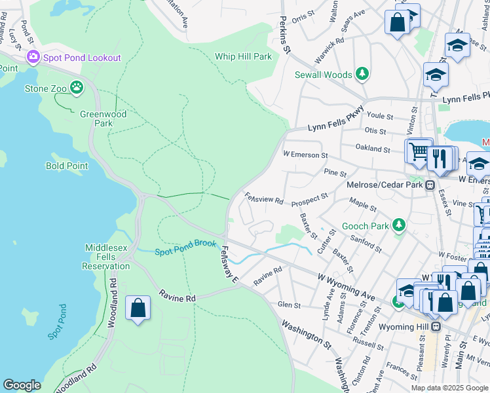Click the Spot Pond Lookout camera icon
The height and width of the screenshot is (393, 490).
[33, 58]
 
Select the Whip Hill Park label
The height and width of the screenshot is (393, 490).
[243, 57]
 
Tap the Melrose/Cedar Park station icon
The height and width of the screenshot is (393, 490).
[431, 185]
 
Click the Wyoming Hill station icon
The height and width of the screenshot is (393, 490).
[437, 326]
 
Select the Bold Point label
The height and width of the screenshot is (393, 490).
[67, 166]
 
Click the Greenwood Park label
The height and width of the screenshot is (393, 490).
[103, 119]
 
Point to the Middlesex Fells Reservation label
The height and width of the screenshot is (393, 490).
[107, 257]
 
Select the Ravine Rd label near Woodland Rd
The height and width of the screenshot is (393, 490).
[178, 298]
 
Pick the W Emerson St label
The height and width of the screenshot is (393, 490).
[305, 155]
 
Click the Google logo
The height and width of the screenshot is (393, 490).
[22, 385]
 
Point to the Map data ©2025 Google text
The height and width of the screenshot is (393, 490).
[449, 388]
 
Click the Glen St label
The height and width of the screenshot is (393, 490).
[289, 305]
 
